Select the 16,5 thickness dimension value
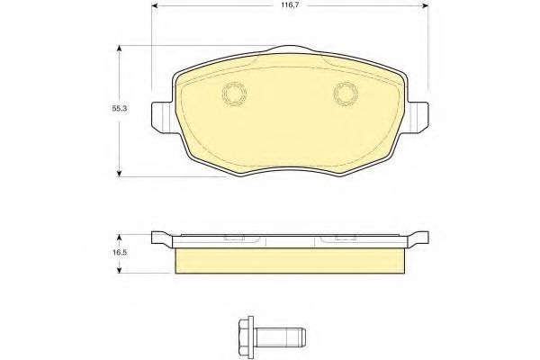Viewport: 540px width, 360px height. (x=106, y=255)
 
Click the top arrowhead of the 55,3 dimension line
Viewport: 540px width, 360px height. (x=120, y=49)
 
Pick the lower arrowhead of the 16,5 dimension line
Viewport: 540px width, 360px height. (x=120, y=271)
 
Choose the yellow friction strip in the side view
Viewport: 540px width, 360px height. (x=289, y=259)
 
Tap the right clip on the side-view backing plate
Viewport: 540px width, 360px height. (x=345, y=239)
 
